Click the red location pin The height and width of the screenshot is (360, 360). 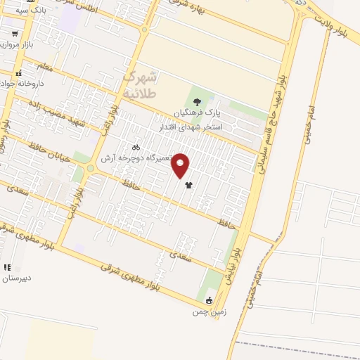point(181,166)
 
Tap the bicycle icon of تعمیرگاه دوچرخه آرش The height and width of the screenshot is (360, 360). point(136,148)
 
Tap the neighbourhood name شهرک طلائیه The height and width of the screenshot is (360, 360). point(141,83)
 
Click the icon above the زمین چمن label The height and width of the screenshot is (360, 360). point(209,301)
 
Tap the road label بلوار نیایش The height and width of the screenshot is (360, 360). point(232,264)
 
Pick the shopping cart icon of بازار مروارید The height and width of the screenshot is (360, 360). point(15,34)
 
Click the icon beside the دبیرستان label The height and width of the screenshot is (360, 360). point(7,267)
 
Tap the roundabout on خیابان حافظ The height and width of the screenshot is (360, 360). point(90,169)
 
